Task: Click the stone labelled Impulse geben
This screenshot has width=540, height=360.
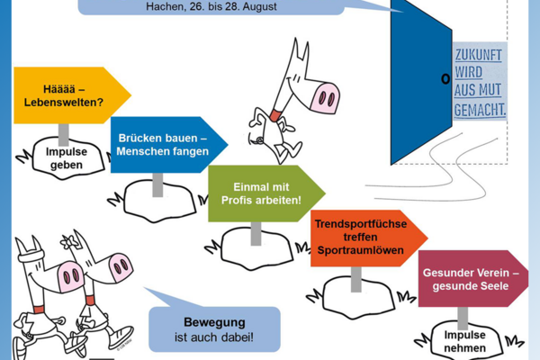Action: pos(66,158)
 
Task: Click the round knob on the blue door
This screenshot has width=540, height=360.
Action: pos(445,79)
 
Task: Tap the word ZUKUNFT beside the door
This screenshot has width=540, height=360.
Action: pos(480,53)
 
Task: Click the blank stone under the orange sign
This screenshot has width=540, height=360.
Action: pos(353,289)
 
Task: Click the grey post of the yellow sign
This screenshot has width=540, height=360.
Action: pos(64,132)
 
